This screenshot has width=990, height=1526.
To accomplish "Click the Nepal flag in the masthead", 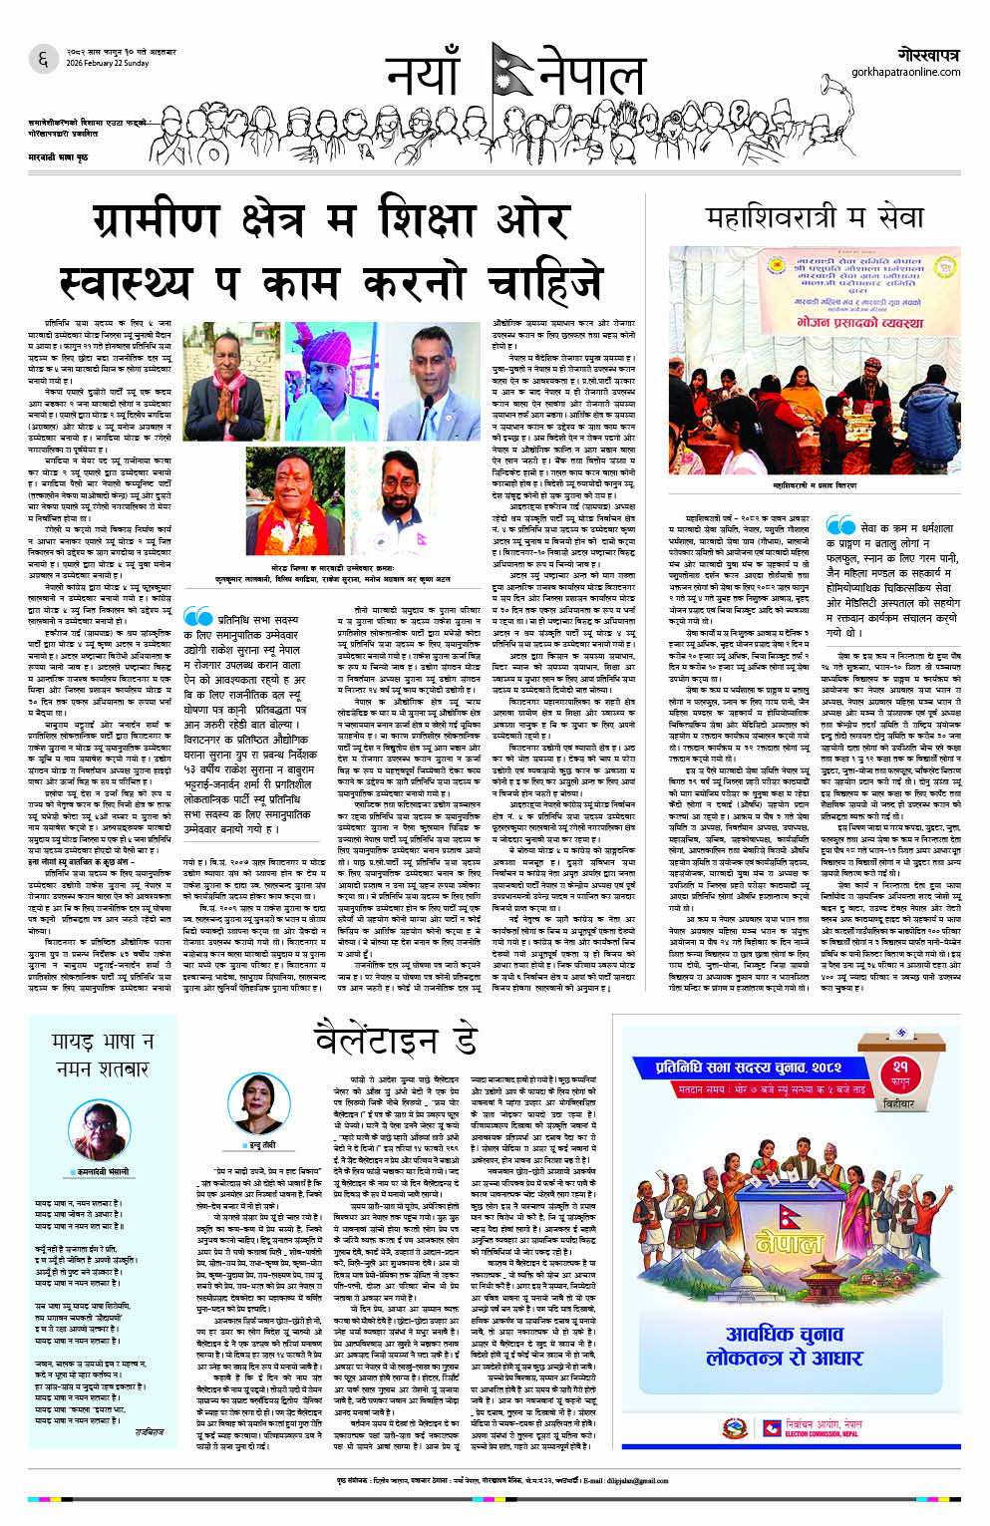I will click(x=510, y=76).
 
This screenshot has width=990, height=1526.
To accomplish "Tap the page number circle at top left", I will click(x=43, y=60).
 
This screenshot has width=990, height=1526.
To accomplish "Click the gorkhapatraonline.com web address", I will click(x=905, y=72).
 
